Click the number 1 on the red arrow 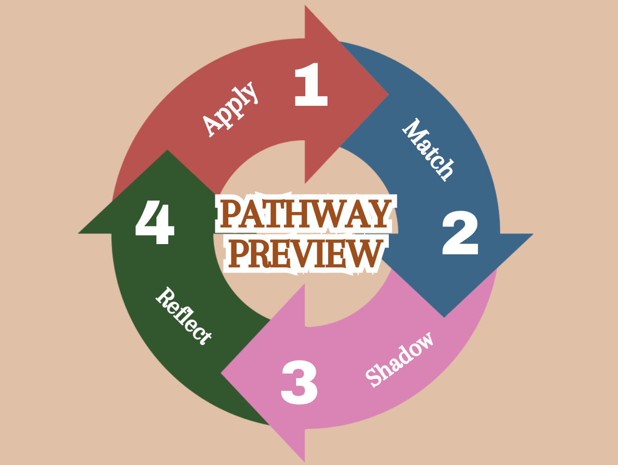(311, 85)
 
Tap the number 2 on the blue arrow (460, 233)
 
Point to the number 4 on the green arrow (154, 224)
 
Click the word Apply (231, 109)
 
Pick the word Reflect (184, 316)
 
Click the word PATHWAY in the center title (304, 214)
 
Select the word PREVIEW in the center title (304, 254)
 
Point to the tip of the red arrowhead (388, 95)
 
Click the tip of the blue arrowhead (444, 317)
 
